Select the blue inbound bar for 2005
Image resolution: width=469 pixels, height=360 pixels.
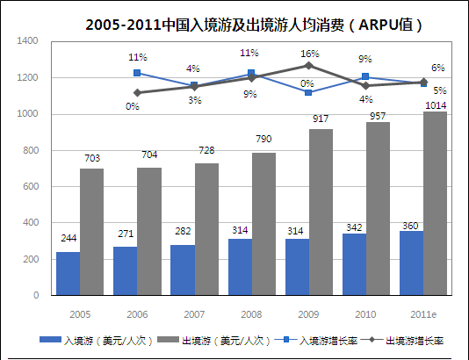[x=68, y=273]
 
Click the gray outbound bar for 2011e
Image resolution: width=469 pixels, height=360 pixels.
[x=436, y=203]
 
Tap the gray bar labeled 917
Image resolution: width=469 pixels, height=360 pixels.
[x=321, y=212]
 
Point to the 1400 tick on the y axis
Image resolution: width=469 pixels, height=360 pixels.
[x=27, y=41]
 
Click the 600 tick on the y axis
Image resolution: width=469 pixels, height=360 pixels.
[x=30, y=187]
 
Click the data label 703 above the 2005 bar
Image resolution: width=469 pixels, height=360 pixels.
[x=91, y=159]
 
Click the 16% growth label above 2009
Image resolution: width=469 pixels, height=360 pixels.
[x=309, y=54]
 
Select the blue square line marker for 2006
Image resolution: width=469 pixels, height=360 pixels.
[x=137, y=74]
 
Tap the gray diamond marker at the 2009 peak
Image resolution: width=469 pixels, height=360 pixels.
[x=308, y=66]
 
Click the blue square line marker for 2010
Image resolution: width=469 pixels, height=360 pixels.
[x=365, y=77]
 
